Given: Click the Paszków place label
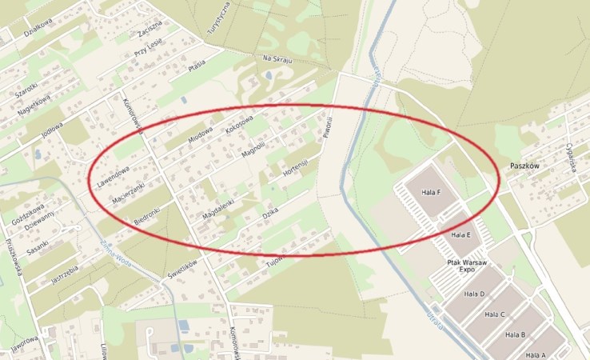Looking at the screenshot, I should tap(524, 166).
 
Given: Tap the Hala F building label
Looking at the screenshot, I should tap(432, 192).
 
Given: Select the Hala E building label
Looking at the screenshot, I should tap(460, 235).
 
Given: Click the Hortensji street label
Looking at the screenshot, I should tap(295, 170).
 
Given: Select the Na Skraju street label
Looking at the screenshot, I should tap(278, 60).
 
